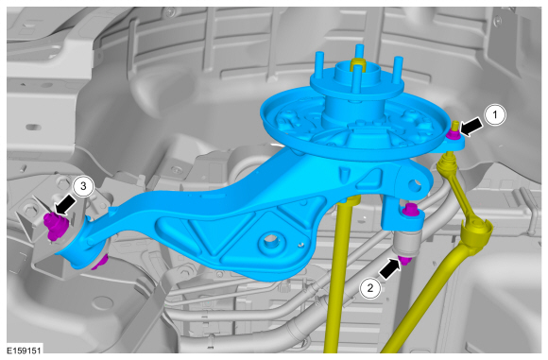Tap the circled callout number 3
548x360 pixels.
coord(84,187)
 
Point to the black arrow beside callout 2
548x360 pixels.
coord(390,268)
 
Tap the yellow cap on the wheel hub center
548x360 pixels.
coord(356,64)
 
